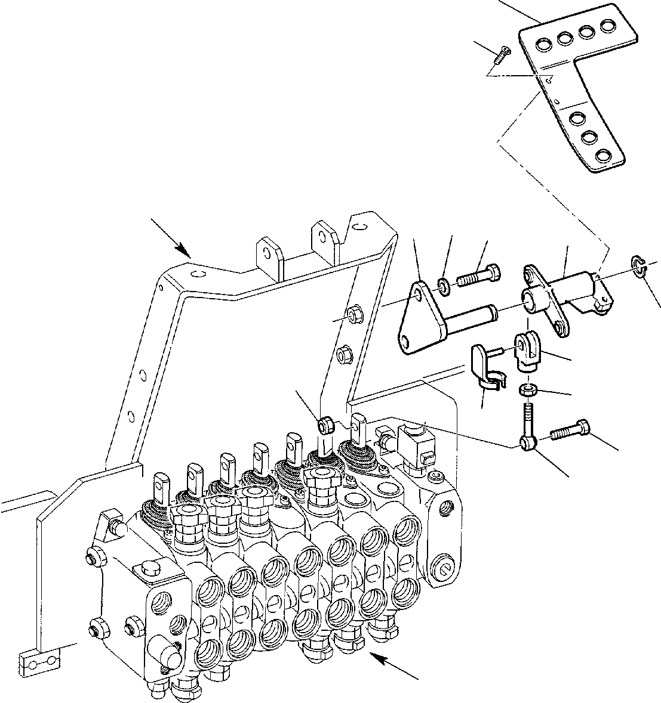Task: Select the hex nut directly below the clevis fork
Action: tap(525, 391)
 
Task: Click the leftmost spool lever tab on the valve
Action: tap(161, 484)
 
